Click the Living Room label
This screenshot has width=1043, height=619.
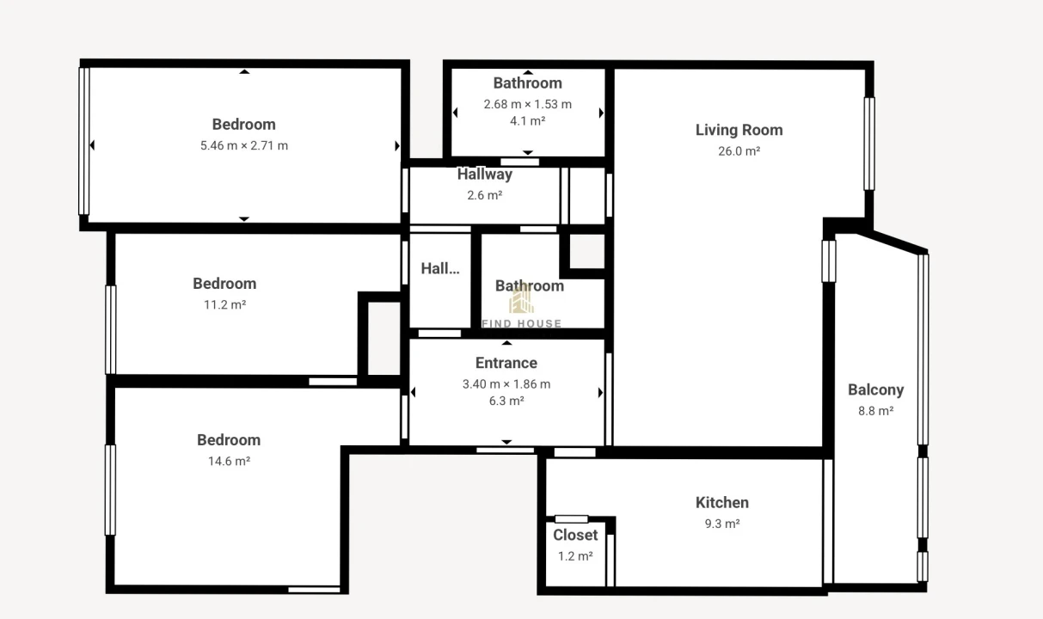(739, 130)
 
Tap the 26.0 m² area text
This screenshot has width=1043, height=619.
(739, 151)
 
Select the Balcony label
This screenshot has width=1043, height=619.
(875, 390)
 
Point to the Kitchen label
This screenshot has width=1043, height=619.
(722, 503)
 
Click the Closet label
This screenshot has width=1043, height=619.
(575, 536)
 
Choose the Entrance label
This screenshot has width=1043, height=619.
(506, 363)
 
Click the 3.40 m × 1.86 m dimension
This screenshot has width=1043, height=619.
(506, 384)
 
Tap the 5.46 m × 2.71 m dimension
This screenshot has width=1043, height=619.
(244, 145)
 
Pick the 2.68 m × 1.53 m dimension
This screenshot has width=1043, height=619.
(528, 104)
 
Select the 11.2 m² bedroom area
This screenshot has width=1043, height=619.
(224, 305)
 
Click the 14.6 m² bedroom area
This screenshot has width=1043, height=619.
(229, 461)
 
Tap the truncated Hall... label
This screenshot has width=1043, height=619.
(440, 268)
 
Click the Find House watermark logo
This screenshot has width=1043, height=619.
(521, 306)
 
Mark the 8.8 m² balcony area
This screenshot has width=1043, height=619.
(875, 411)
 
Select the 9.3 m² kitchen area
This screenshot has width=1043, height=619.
(722, 524)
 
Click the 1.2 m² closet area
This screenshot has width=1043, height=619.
(575, 556)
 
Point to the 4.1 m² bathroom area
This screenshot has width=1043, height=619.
(528, 121)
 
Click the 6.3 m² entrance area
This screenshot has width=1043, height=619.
(506, 401)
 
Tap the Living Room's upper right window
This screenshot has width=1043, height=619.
(869, 144)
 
